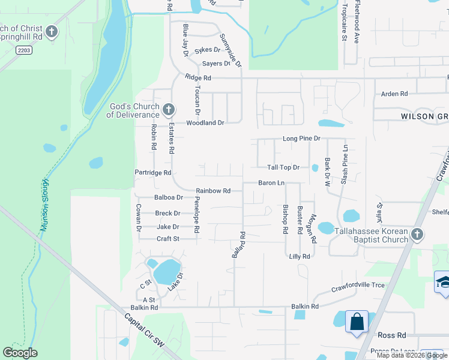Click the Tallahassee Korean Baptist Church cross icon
(417, 234)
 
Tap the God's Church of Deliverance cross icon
(169, 110)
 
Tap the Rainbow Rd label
(213, 191)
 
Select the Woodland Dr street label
(205, 122)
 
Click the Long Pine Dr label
(301, 139)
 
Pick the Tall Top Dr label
(283, 167)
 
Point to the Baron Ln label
(271, 182)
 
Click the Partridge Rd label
(153, 173)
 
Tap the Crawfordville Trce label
(358, 286)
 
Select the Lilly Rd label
(299, 256)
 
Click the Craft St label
(167, 239)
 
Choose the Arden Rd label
(394, 94)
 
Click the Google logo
(20, 353)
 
